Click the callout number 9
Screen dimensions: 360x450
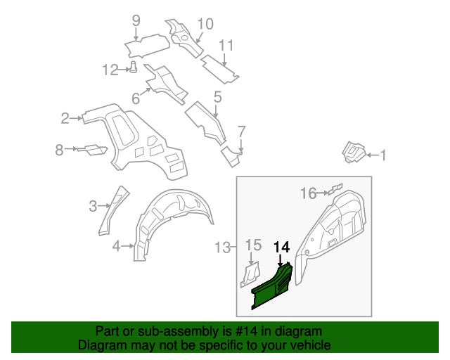click(x=136, y=20)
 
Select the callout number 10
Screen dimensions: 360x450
click(x=205, y=24)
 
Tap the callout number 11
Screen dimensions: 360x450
click(x=225, y=46)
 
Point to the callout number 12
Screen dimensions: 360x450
click(x=111, y=69)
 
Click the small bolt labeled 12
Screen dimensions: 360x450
click(x=133, y=67)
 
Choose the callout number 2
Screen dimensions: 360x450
click(x=65, y=118)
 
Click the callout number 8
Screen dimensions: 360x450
click(x=60, y=149)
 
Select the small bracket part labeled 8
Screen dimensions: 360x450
click(x=91, y=149)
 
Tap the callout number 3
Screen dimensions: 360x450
click(x=93, y=206)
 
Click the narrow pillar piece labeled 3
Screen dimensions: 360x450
click(x=112, y=210)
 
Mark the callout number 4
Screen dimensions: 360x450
click(x=116, y=245)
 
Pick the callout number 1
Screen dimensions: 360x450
click(x=383, y=155)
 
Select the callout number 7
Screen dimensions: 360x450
click(x=241, y=131)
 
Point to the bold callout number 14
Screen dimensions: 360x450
click(x=281, y=247)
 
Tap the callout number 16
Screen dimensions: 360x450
click(x=309, y=193)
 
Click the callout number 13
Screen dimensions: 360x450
click(x=222, y=247)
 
